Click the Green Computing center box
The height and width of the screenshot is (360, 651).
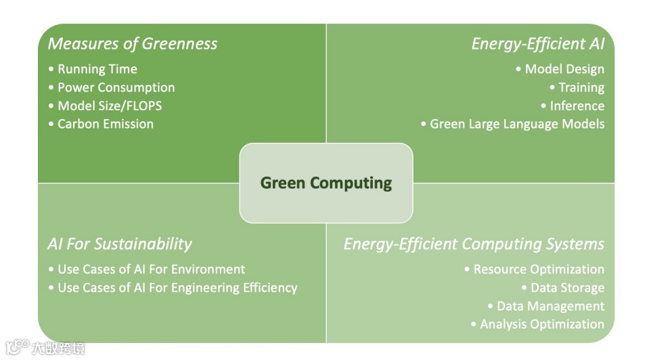[x=326, y=183]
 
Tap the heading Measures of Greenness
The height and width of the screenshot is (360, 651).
[x=133, y=44]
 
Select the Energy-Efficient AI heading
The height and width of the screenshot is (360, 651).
[x=537, y=44]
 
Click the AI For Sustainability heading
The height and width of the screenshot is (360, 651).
[x=120, y=244]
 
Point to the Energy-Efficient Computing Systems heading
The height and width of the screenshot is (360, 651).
[x=474, y=244]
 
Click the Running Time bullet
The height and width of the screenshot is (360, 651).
[x=97, y=69]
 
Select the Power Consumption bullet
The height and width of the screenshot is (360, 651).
[x=116, y=87]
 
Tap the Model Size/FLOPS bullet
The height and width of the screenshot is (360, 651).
[x=109, y=106]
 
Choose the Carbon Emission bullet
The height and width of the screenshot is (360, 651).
[x=105, y=124]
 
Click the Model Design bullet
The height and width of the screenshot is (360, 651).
[x=564, y=69]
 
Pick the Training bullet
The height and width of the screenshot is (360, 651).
[x=581, y=87]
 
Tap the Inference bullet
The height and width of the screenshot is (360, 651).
[x=577, y=106]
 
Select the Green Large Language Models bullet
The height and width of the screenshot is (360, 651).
[x=516, y=124]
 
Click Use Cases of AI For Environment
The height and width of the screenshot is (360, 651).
[x=151, y=269]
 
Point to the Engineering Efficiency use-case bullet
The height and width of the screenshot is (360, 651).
[x=177, y=288]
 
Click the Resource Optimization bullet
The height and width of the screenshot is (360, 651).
[x=538, y=269]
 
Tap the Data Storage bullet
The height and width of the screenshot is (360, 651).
[x=566, y=288]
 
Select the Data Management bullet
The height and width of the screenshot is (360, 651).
[x=549, y=306]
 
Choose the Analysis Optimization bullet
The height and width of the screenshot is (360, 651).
[x=541, y=324]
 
